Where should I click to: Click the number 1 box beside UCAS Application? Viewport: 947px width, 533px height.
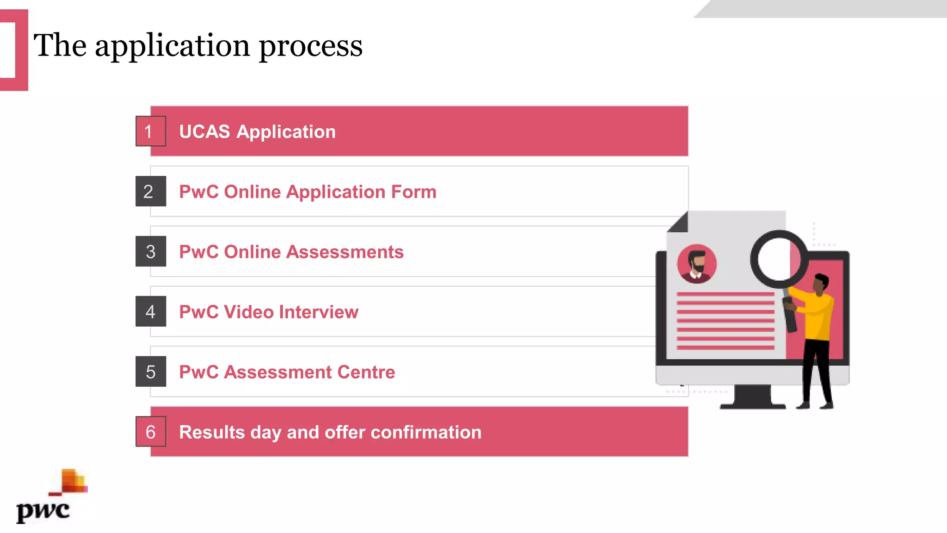click(150, 131)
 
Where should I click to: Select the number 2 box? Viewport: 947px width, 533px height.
click(150, 192)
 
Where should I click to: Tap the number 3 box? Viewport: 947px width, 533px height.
click(150, 252)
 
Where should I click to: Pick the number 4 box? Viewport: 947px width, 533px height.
click(150, 312)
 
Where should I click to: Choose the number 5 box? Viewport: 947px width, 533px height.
click(150, 372)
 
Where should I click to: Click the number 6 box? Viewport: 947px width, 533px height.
click(150, 432)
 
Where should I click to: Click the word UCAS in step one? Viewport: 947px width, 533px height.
click(204, 132)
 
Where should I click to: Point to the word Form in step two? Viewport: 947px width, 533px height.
click(413, 192)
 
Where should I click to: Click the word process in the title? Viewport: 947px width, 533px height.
click(310, 46)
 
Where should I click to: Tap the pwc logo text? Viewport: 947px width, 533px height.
click(43, 511)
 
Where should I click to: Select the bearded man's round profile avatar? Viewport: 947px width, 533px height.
click(697, 264)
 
